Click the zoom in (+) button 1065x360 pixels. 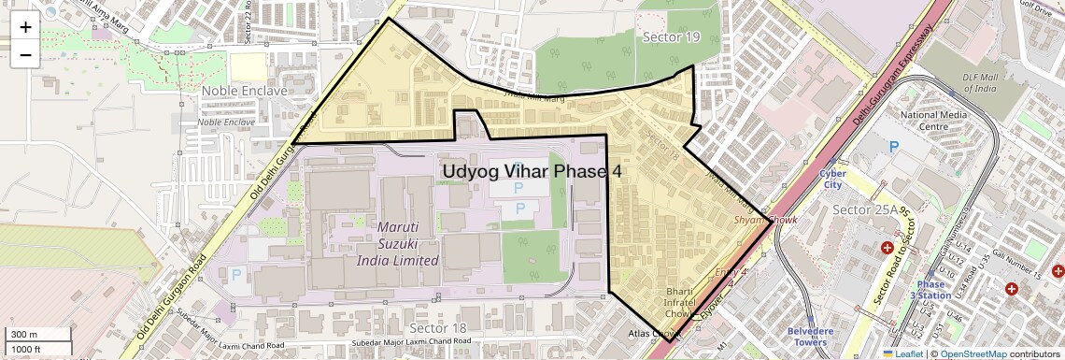click(x=25, y=27)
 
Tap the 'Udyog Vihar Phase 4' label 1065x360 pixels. click(x=531, y=172)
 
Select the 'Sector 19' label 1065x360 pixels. click(x=671, y=36)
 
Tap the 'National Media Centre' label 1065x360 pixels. click(x=930, y=121)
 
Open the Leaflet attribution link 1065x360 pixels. click(x=902, y=353)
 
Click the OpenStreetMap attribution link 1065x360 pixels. click(x=973, y=353)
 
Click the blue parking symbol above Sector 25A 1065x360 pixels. click(x=894, y=147)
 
